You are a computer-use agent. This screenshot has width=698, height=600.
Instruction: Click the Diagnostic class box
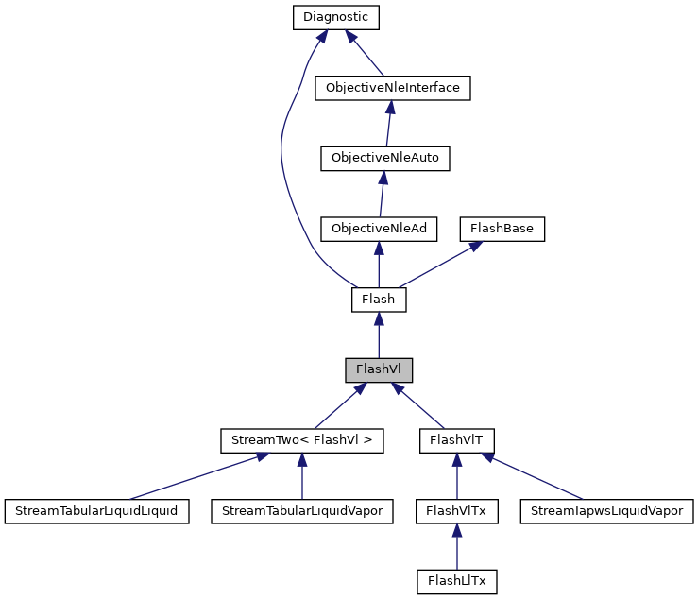[x=335, y=17]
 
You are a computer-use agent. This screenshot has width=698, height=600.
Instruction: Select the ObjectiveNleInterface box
[x=392, y=88]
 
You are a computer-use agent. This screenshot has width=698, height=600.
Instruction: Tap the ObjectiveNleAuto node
[x=384, y=159]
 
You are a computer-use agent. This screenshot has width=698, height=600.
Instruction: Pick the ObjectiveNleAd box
[x=378, y=229]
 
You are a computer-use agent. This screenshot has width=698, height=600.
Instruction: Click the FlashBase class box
[x=502, y=229]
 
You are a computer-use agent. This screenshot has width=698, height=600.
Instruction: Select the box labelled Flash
[x=379, y=300]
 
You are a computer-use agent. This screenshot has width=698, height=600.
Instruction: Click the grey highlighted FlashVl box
[x=379, y=369]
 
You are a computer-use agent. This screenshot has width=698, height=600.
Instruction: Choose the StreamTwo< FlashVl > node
[x=302, y=440]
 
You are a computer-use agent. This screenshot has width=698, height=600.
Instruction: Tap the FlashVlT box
[x=457, y=440]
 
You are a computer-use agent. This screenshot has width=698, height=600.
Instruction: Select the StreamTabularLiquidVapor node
[x=302, y=511]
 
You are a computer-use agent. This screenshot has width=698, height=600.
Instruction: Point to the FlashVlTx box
[x=457, y=511]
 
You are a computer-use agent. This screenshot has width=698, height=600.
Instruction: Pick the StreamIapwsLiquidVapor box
[x=607, y=511]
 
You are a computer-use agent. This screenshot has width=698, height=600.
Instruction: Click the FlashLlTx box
[x=457, y=581]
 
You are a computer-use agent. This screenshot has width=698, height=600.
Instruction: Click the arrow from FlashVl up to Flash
[x=379, y=336]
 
